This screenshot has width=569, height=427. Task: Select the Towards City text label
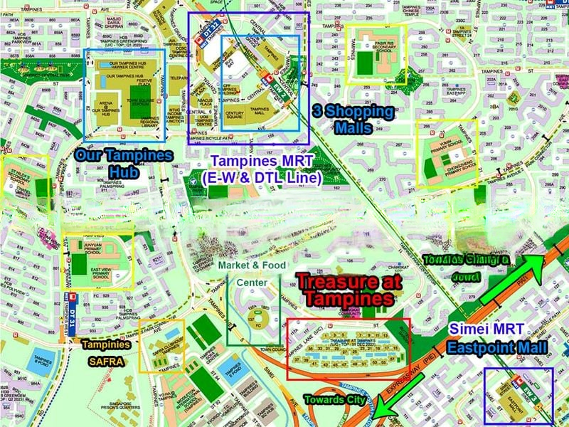[x=335, y=399]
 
